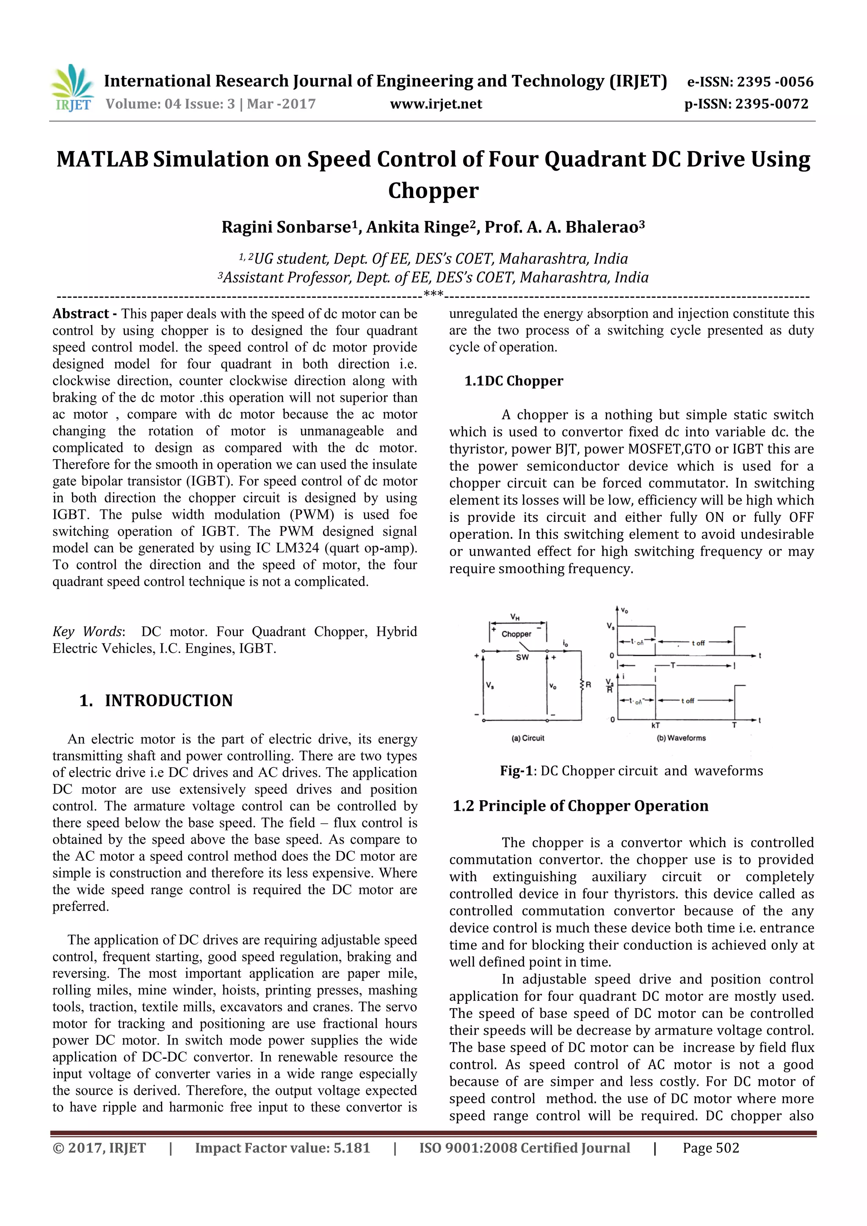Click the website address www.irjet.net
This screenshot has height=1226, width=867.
(436, 104)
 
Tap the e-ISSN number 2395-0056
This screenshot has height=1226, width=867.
(775, 82)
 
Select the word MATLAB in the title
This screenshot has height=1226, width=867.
(102, 160)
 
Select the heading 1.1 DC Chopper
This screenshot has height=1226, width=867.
(514, 381)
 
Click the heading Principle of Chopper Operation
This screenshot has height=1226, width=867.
(593, 806)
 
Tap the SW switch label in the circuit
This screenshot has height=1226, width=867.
(522, 657)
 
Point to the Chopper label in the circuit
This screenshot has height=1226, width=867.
(516, 634)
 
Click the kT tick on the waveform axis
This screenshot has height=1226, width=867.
(655, 725)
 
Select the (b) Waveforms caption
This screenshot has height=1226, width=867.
(681, 738)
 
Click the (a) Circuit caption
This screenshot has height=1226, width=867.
(528, 738)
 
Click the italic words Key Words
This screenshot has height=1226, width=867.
(88, 632)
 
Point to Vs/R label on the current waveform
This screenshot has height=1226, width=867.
(609, 686)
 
